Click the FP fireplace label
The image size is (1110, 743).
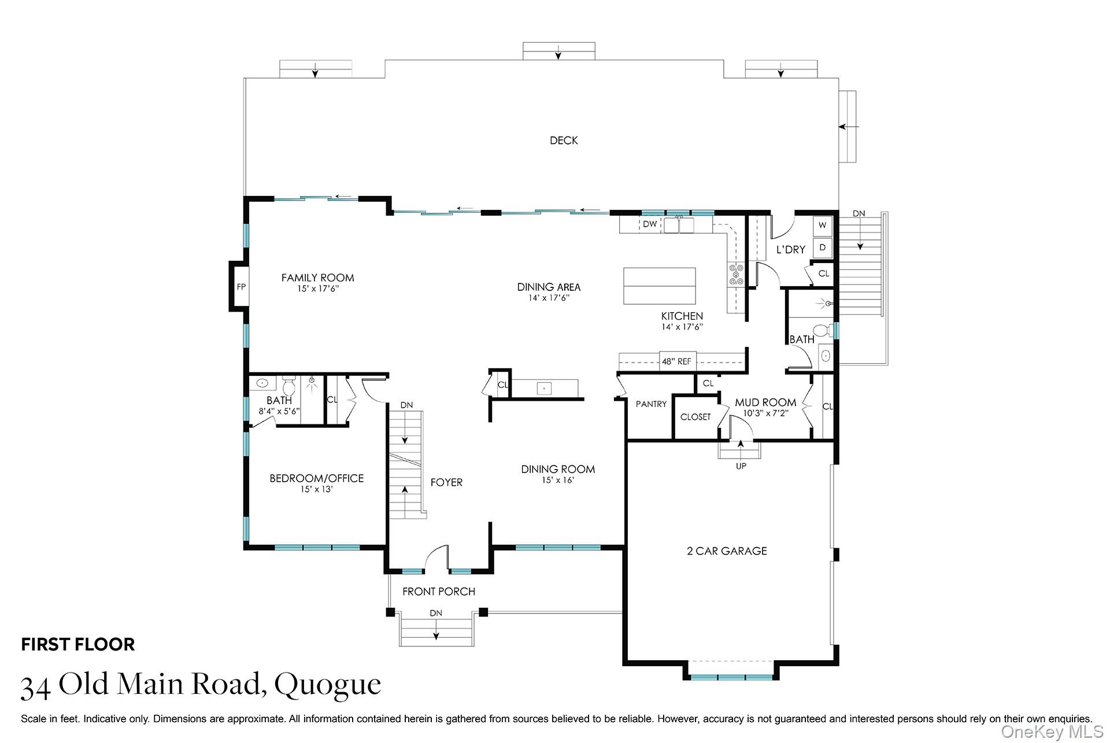(x=241, y=287)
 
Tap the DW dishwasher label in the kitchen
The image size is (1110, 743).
(x=650, y=224)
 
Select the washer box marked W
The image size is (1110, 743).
(x=822, y=226)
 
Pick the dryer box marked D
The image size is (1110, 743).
(x=822, y=247)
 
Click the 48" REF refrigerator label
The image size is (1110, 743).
(x=676, y=361)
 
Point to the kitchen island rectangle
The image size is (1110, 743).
(x=659, y=286)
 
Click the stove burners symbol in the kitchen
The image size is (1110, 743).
(x=736, y=274)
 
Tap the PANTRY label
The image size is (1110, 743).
(x=651, y=404)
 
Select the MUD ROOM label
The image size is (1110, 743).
(x=765, y=402)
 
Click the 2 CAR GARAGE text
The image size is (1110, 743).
(x=727, y=551)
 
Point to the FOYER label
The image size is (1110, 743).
(x=446, y=482)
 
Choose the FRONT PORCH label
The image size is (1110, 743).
(x=439, y=592)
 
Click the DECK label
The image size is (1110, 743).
(x=564, y=141)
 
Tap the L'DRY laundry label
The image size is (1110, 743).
(x=790, y=250)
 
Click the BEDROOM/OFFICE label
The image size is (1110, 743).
(x=317, y=478)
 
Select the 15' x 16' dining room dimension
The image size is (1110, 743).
(x=558, y=480)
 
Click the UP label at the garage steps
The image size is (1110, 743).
(x=741, y=466)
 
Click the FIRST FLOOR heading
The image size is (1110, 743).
(x=78, y=645)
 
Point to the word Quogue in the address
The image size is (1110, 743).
(x=328, y=685)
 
